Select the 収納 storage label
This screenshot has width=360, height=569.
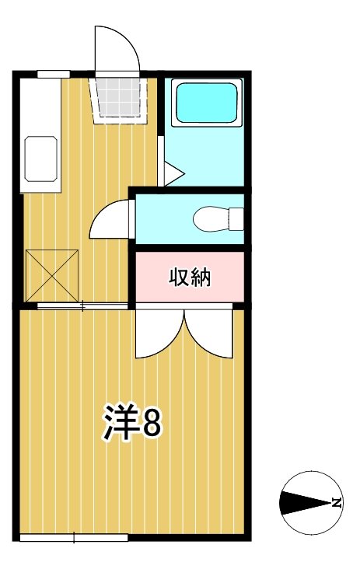point(190,277)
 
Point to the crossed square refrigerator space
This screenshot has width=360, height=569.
point(51,274)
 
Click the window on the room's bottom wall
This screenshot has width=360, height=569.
point(73,536)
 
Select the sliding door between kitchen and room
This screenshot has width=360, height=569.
point(82,306)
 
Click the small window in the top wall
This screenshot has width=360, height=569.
point(54,74)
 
